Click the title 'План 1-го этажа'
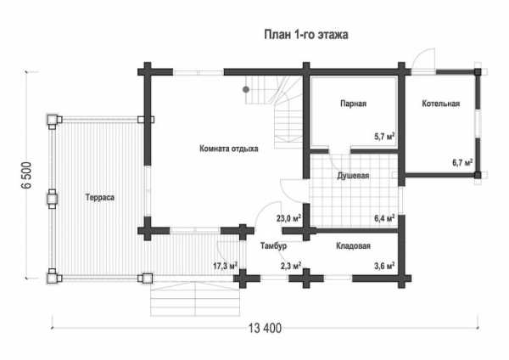[305, 35]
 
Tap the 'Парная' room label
[353, 104]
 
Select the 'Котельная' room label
[441, 104]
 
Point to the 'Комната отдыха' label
[229, 149]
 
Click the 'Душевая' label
[353, 176]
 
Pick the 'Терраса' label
[99, 198]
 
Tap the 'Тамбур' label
[273, 246]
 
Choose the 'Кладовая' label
[353, 246]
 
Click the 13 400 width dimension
[266, 329]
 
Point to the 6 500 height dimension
[27, 175]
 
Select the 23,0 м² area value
[288, 218]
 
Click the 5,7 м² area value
[384, 137]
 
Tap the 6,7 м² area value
[462, 162]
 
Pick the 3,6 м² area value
[384, 266]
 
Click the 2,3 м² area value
[290, 266]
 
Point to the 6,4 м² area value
[384, 218]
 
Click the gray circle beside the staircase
[246, 89]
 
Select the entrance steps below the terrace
[195, 299]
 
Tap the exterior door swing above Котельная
[423, 59]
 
